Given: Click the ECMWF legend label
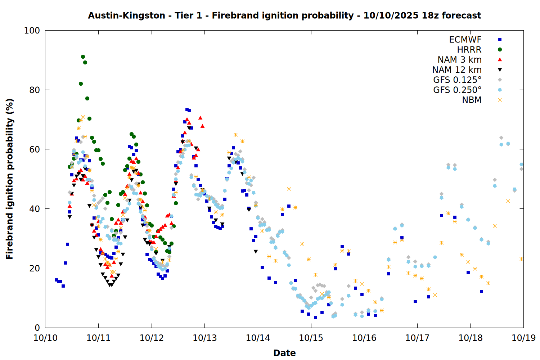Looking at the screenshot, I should coord(465,40).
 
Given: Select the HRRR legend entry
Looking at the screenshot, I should coord(469,50).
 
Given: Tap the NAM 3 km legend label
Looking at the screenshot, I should coord(459,60).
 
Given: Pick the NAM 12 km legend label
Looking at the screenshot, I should coord(457,70).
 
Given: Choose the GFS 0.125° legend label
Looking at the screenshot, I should coord(457,80).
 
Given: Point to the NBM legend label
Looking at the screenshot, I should coord(472,100).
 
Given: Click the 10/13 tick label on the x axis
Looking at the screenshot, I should coord(205,338).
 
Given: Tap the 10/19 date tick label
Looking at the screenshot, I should coord(523,338).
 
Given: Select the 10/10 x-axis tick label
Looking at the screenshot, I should coord(45,338).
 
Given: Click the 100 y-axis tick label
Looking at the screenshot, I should coord(32,31).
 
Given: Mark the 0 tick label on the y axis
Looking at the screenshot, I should coord(37,328).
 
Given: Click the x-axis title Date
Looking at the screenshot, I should coord(284,353).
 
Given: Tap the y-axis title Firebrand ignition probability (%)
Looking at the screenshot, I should coord(10,179).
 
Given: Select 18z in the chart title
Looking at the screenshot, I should coord(430,15).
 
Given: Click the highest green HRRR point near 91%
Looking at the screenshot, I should coord(83,57).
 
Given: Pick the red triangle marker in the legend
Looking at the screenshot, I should coord(500,60).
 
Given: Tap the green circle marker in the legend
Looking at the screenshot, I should coord(500,50).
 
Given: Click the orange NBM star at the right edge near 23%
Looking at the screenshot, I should coord(521,259).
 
